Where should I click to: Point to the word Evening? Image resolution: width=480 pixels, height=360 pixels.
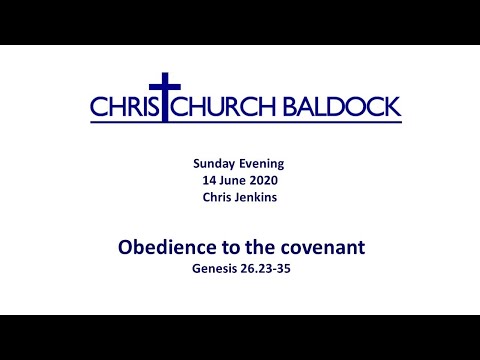[264, 163]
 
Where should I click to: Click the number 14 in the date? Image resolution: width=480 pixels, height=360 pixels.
[208, 180]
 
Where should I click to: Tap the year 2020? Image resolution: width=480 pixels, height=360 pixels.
[266, 180]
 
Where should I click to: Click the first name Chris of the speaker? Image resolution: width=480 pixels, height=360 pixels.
[214, 197]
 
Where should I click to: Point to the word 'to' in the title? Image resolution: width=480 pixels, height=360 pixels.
[225, 245]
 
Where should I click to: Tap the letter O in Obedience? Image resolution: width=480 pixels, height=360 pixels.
[125, 245]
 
